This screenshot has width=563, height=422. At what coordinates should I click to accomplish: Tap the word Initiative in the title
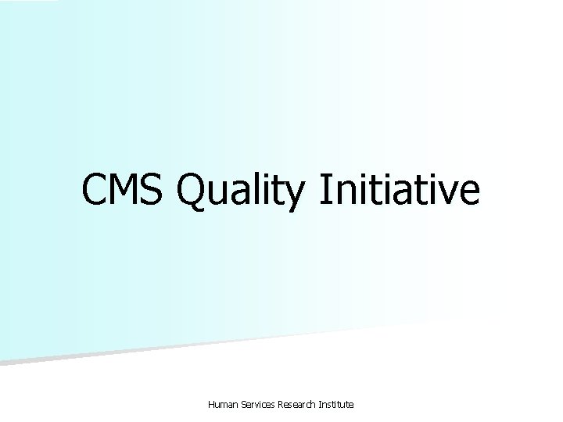click(x=398, y=191)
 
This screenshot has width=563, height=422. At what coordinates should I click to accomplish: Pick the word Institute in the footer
click(x=339, y=404)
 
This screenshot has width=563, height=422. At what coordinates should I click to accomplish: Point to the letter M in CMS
click(x=127, y=191)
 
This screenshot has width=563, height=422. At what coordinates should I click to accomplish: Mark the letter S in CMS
click(x=156, y=191)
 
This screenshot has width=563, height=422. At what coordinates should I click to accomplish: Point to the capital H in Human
click(x=211, y=404)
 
